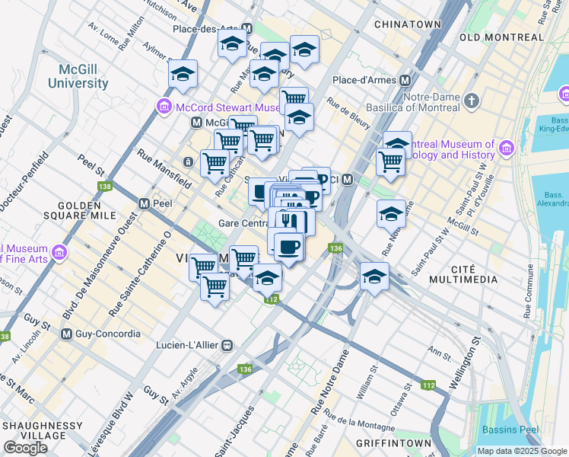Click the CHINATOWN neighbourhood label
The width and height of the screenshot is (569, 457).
click(x=408, y=24)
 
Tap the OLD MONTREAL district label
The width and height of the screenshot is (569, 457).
click(x=501, y=37)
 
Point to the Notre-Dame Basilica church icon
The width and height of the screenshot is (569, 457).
click(x=472, y=100)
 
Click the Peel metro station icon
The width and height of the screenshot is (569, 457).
click(x=144, y=203)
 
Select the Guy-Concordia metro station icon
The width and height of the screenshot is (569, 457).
click(x=66, y=334)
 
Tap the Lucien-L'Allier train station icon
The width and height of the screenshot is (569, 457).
click(x=226, y=345)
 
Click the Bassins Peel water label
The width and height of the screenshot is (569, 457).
click(x=510, y=430)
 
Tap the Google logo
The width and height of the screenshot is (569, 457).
click(x=25, y=448)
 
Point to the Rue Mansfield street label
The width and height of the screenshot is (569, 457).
click(x=164, y=167)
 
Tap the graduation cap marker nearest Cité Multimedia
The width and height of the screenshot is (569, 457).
click(x=374, y=277)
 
